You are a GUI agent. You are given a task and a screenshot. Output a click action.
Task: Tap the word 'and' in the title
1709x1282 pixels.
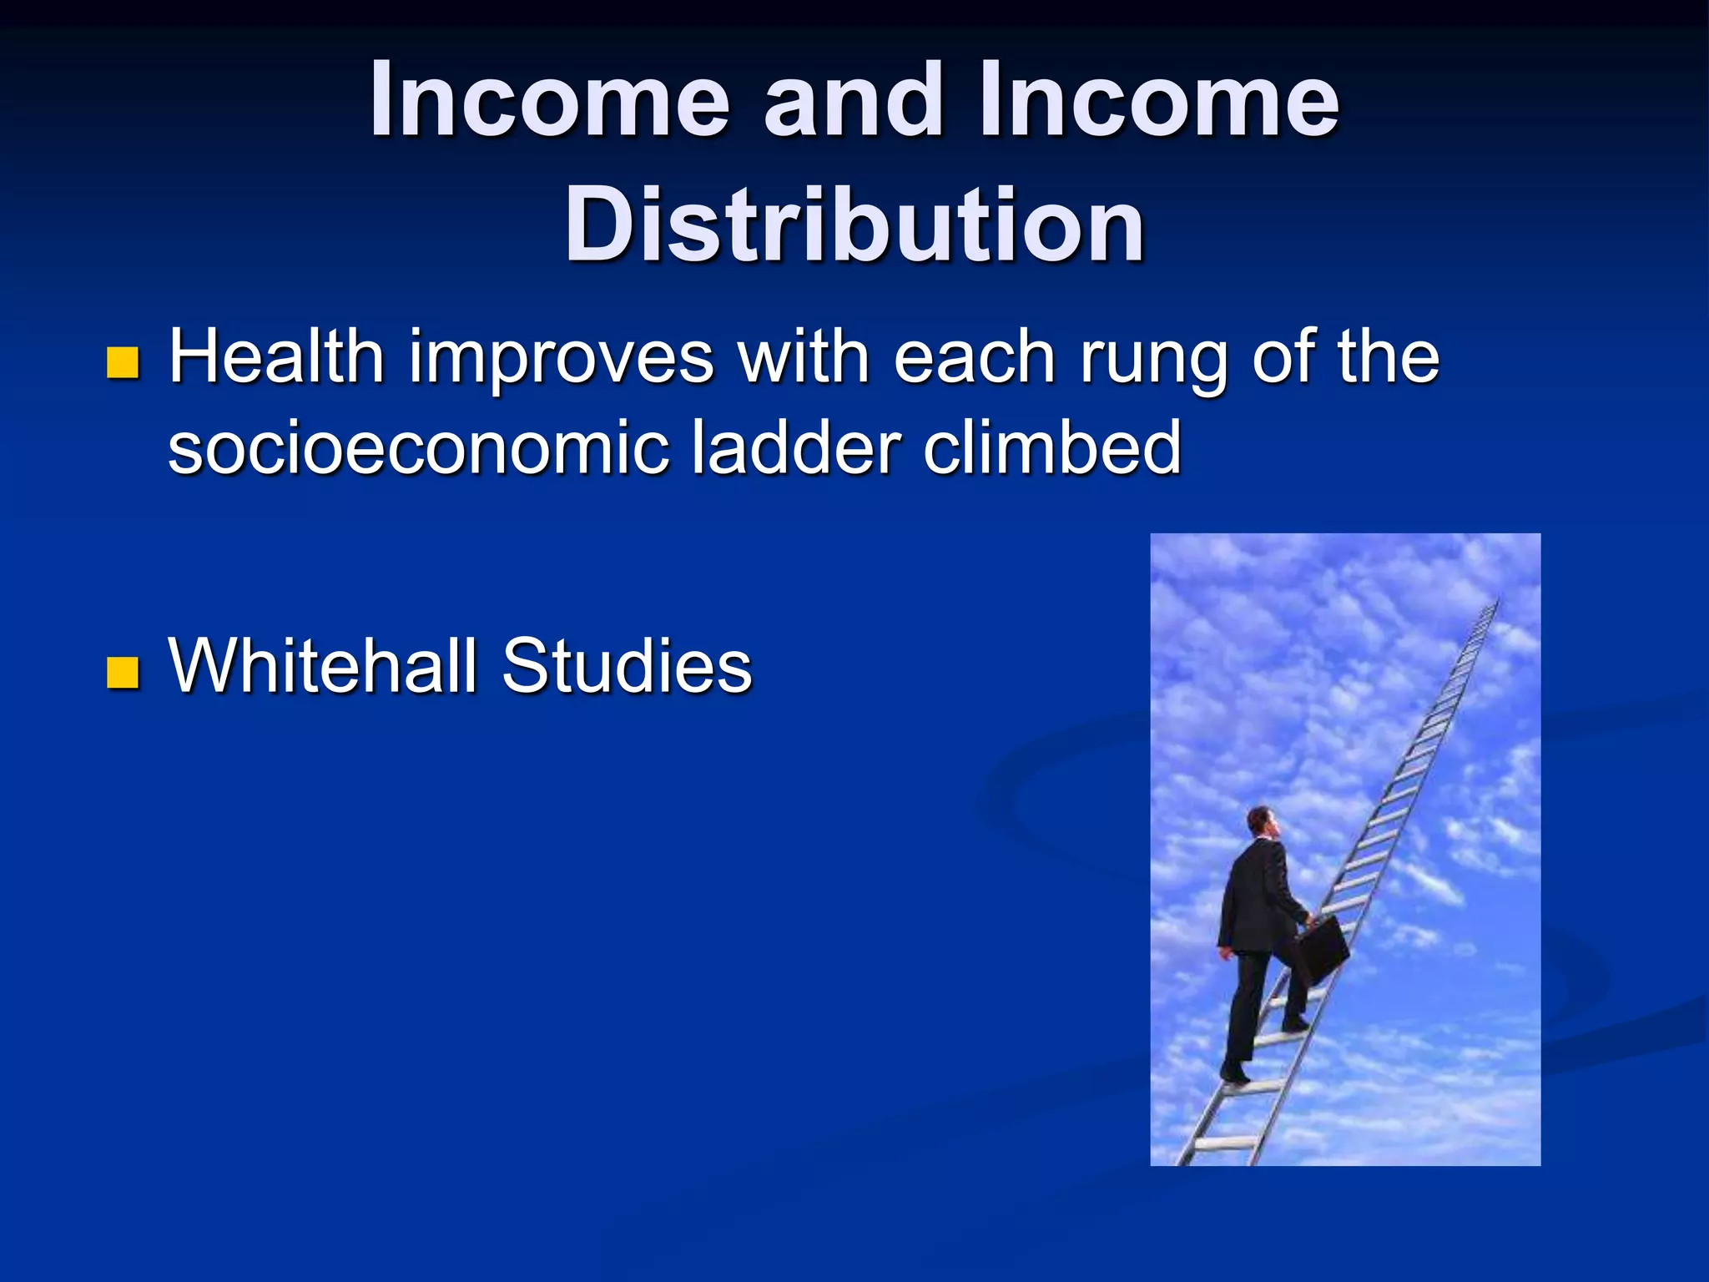pyautogui.click(x=854, y=102)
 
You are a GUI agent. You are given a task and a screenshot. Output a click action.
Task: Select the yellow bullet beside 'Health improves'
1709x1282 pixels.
pyautogui.click(x=123, y=362)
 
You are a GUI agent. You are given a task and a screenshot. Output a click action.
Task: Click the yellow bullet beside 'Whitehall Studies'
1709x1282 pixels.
pyautogui.click(x=123, y=671)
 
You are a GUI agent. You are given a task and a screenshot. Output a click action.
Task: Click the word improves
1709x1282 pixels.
pyautogui.click(x=561, y=359)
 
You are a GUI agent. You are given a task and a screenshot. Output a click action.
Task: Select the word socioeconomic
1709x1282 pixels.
pyautogui.click(x=418, y=448)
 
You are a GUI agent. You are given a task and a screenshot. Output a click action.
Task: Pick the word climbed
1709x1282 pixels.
pyautogui.click(x=1052, y=448)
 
